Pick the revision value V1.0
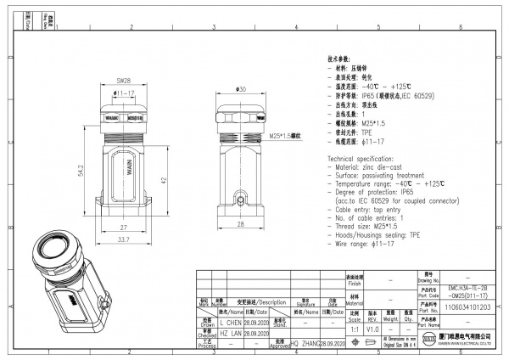[x=372, y=327]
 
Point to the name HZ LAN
[x=231, y=335]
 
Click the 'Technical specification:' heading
[x=366, y=159]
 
